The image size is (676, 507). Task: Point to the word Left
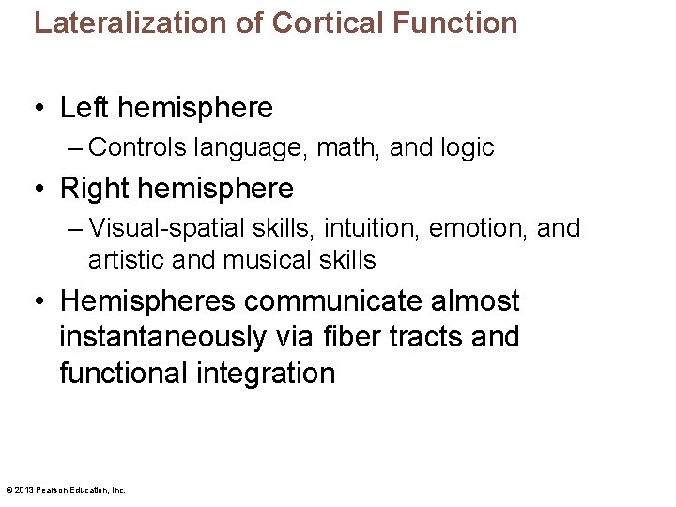pyautogui.click(x=80, y=108)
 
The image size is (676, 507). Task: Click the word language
pyautogui.click(x=252, y=148)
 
